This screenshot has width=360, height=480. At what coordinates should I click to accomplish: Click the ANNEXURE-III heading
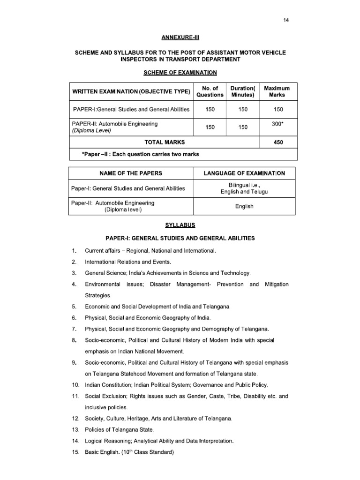180,37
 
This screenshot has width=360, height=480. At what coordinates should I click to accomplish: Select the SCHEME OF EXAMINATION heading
180,73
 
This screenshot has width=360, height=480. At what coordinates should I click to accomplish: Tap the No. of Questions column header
210,91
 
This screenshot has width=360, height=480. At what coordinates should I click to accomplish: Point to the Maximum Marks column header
277,91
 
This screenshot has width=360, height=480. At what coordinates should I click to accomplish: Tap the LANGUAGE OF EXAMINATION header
244,173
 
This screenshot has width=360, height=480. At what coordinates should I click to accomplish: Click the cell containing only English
244,206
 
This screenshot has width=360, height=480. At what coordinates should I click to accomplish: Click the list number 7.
74,329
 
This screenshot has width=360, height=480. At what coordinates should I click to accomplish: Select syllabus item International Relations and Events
128,262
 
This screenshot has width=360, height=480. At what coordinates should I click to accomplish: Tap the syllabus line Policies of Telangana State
119,430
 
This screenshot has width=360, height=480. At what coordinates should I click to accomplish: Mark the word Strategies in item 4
98,295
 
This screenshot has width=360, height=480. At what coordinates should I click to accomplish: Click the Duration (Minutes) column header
242,91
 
